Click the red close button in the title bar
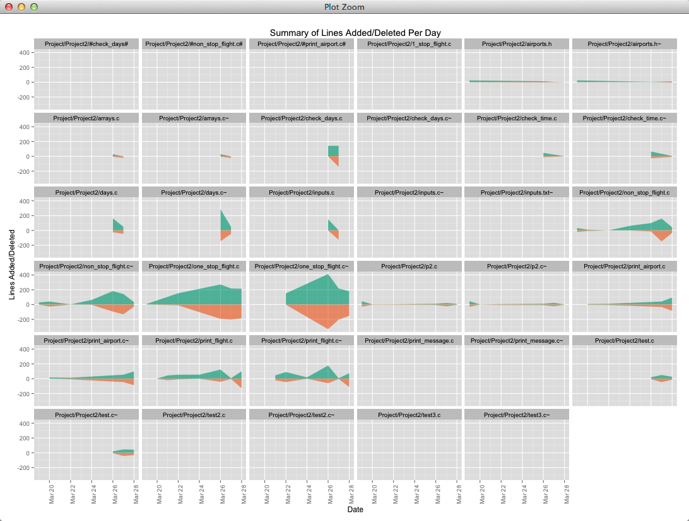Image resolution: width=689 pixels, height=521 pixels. pyautogui.click(x=9, y=7)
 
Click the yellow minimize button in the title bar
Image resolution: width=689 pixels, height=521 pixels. pyautogui.click(x=21, y=7)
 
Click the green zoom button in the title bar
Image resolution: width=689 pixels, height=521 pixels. pyautogui.click(x=34, y=7)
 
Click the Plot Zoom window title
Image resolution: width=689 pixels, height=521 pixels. pyautogui.click(x=344, y=7)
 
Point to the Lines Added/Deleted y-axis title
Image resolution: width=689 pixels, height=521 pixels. pyautogui.click(x=13, y=264)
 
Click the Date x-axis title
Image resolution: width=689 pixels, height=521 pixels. pyautogui.click(x=355, y=510)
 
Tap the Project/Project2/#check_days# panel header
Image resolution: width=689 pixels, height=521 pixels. pyautogui.click(x=86, y=44)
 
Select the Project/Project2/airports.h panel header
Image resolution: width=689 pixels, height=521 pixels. pyautogui.click(x=517, y=44)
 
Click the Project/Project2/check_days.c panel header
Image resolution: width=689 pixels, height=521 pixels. pyautogui.click(x=302, y=118)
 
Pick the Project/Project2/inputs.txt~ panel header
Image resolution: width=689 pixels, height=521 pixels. pyautogui.click(x=517, y=192)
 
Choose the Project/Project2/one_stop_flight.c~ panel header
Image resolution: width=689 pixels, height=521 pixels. pyautogui.click(x=302, y=266)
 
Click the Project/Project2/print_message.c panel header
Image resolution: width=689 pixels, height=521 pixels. pyautogui.click(x=409, y=341)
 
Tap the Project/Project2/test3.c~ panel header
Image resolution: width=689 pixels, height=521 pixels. pyautogui.click(x=517, y=415)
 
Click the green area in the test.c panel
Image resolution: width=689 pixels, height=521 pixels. pyautogui.click(x=661, y=377)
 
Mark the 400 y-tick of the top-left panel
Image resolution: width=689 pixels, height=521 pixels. pyautogui.click(x=24, y=53)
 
